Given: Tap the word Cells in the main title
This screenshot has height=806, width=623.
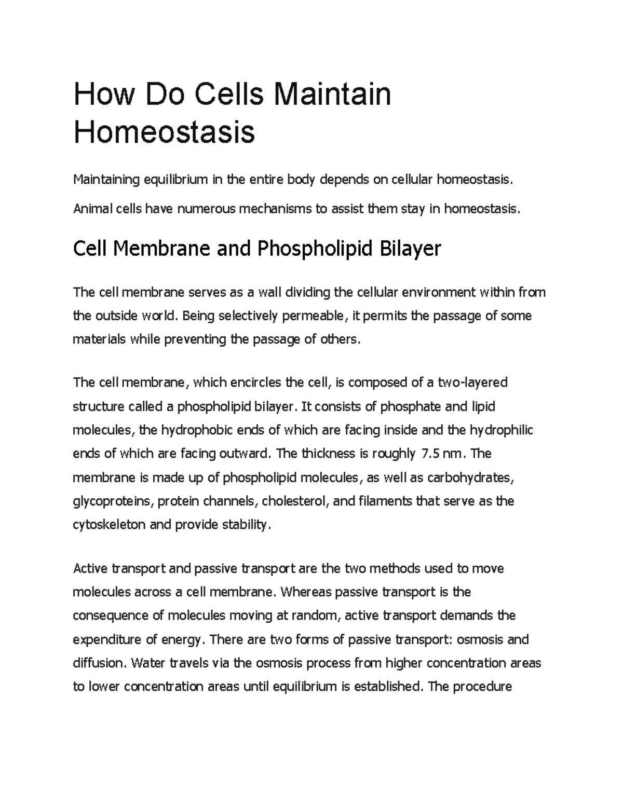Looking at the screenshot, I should point(231,94).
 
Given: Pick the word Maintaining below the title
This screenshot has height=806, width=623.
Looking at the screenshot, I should point(106,180).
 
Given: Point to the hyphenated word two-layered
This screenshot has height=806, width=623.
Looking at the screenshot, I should point(472,382).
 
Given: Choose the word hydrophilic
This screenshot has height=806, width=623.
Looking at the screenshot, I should point(501,430).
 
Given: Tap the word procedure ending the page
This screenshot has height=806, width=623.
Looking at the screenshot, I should point(482,687).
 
